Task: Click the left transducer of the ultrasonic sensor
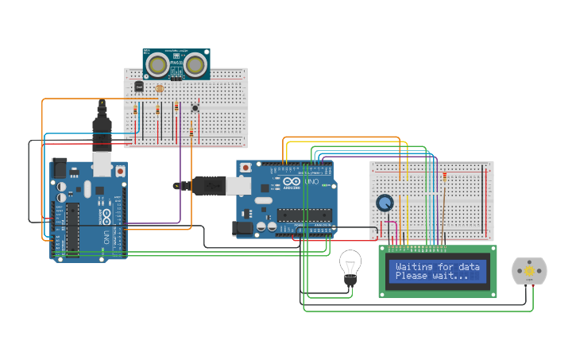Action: (x=159, y=63)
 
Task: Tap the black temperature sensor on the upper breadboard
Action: (x=139, y=86)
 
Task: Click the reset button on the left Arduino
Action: (x=120, y=171)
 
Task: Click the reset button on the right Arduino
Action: (x=245, y=168)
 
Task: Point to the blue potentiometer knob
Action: (x=385, y=203)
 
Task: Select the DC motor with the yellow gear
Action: (x=528, y=272)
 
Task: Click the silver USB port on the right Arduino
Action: (x=239, y=185)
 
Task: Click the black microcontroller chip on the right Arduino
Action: (x=303, y=214)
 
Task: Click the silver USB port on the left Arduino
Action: (x=102, y=164)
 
